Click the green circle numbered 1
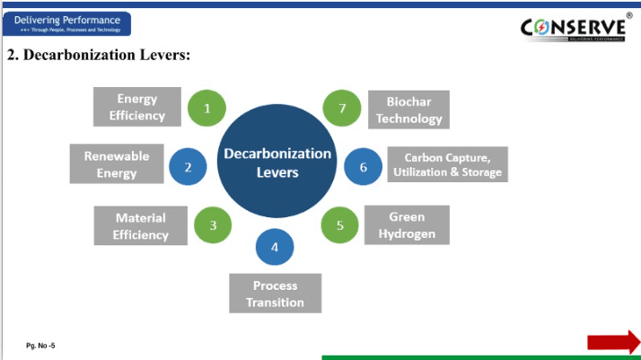(x=207, y=109)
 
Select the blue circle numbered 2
(x=189, y=166)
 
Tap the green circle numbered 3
(x=214, y=224)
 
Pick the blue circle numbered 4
(x=275, y=247)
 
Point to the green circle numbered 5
(x=340, y=224)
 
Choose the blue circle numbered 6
(x=364, y=166)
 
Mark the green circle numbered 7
(x=342, y=109)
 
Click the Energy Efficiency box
(x=137, y=107)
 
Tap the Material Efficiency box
(x=140, y=226)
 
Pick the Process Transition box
(x=275, y=294)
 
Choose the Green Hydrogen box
(x=407, y=225)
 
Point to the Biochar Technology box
(x=408, y=110)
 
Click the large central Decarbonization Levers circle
(x=277, y=162)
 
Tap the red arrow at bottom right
(x=613, y=341)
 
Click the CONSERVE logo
(x=574, y=29)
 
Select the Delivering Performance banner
(x=66, y=23)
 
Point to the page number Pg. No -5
(x=40, y=345)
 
